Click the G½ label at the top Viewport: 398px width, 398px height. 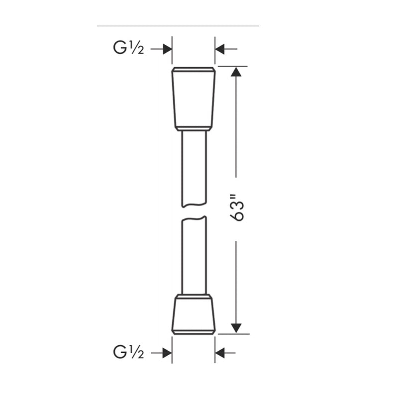point(128,48)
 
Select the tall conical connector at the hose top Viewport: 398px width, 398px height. point(194,98)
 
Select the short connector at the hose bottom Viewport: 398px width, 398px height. point(194,314)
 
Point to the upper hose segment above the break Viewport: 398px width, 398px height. point(194,167)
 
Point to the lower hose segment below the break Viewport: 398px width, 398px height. point(194,256)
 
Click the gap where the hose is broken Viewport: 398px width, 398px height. point(194,211)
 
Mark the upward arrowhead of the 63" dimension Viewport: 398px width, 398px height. point(236,72)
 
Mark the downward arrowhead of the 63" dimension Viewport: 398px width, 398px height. point(236,327)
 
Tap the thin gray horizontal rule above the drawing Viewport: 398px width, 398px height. point(178,25)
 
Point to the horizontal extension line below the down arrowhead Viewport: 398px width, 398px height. point(234,334)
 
